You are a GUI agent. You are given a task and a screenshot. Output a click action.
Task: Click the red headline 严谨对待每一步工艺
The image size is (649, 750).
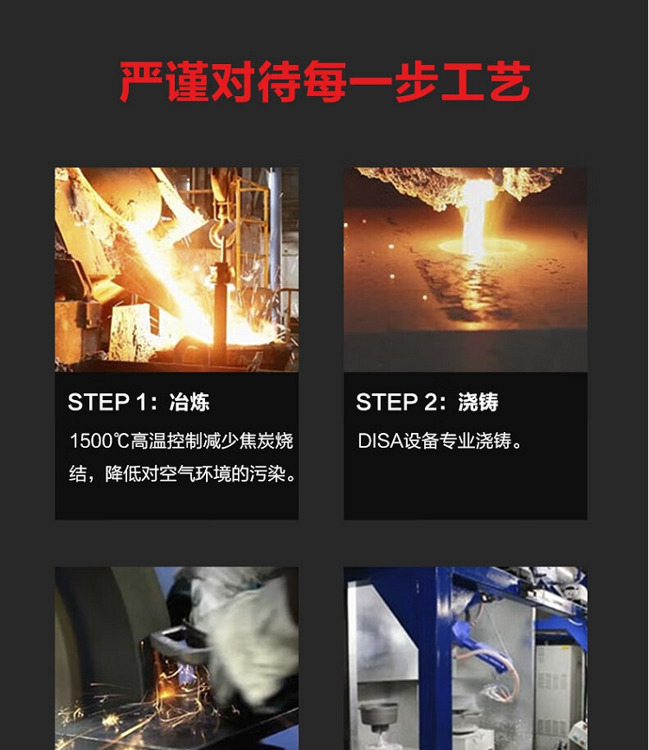point(324,81)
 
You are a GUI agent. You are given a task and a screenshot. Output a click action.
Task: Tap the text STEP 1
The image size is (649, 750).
point(106,402)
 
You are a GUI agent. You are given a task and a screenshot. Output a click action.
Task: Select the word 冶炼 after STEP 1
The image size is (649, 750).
point(190,402)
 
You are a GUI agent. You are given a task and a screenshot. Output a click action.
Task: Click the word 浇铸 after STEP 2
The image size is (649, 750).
point(479,402)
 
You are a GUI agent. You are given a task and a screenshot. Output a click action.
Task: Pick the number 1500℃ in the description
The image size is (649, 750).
point(100,441)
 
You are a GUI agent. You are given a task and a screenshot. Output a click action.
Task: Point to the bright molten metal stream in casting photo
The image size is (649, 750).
point(474,217)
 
